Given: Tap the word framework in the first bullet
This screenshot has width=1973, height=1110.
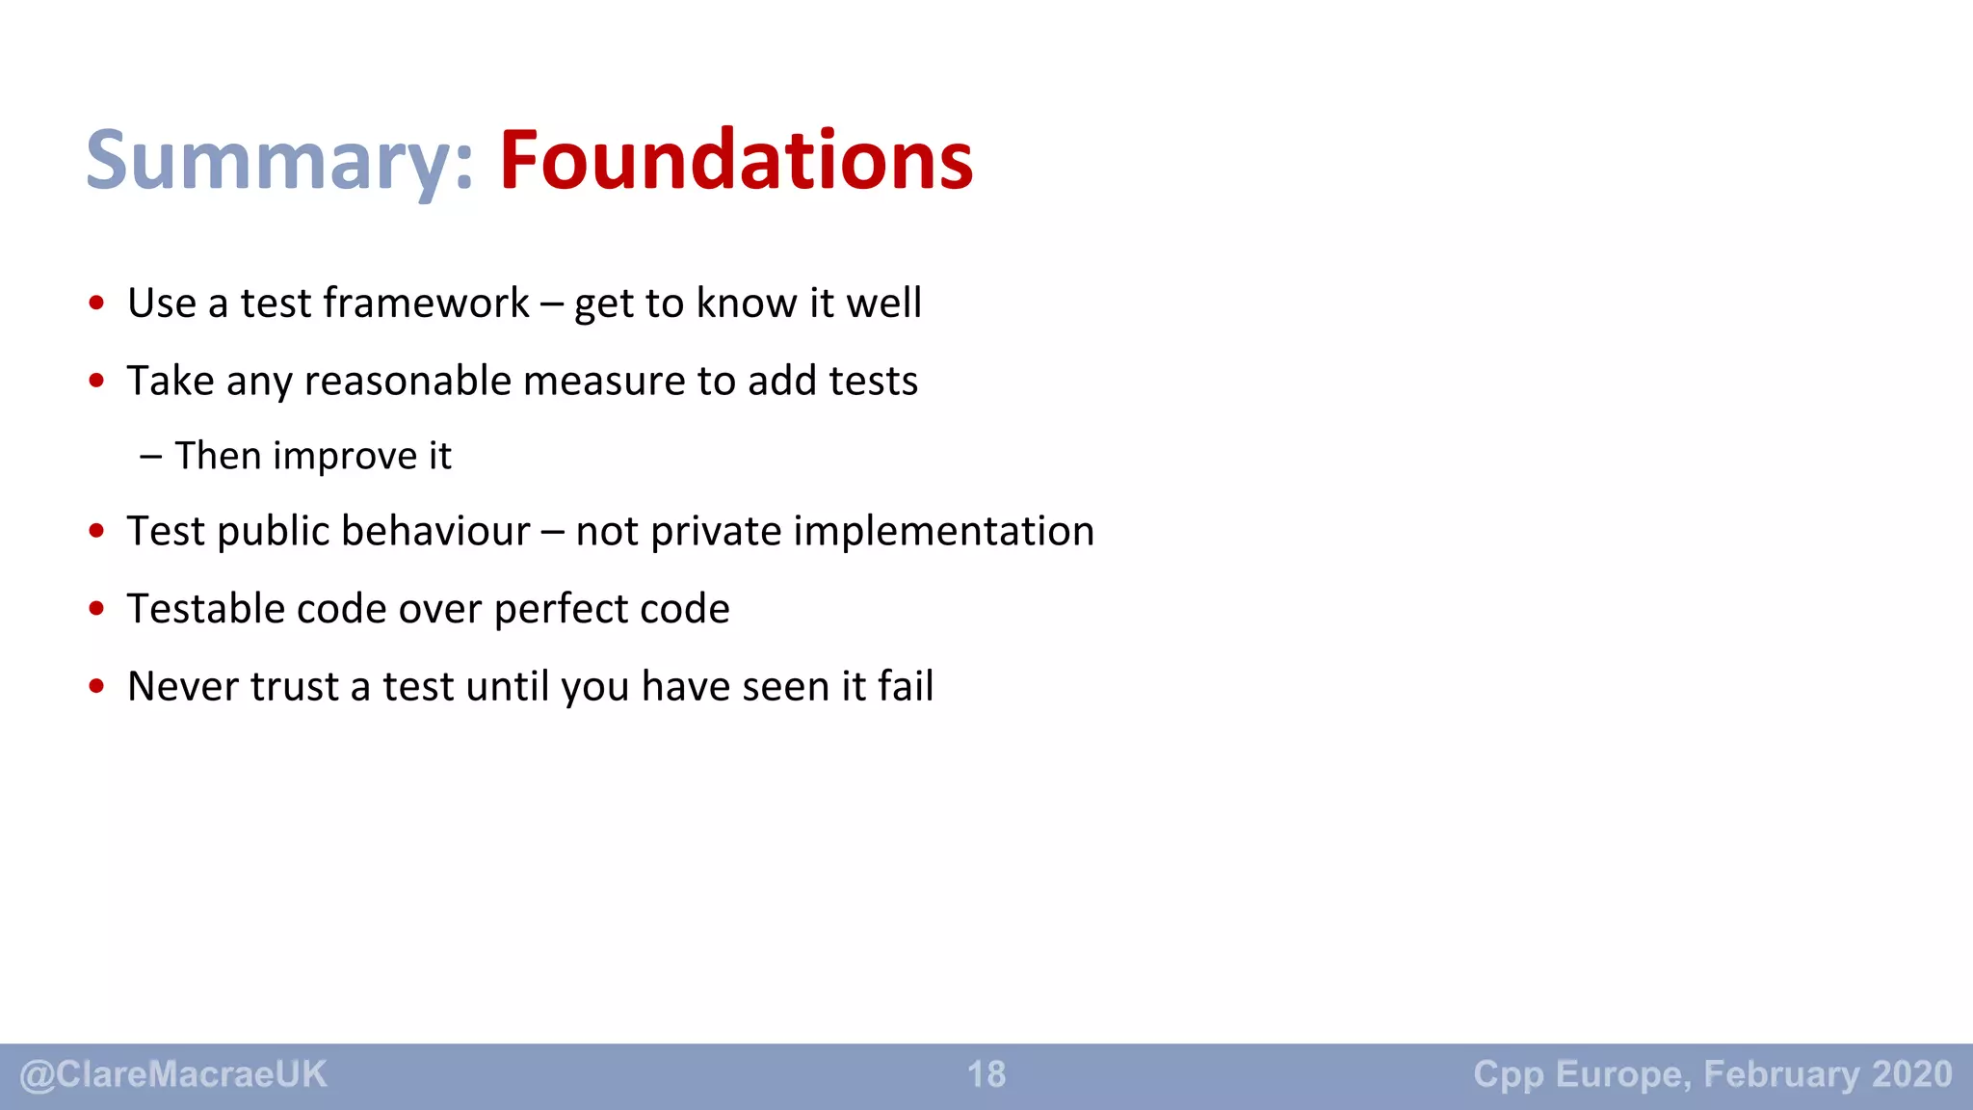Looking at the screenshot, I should (426, 304).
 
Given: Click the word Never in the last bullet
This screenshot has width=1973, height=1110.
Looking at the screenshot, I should (183, 687).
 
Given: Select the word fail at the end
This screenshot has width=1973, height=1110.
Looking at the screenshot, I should (906, 687).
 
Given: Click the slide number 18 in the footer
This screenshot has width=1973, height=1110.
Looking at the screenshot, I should (986, 1074).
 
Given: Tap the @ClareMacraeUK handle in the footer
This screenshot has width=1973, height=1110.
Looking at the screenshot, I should (173, 1074).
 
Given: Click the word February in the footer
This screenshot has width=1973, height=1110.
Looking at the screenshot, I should (1781, 1074).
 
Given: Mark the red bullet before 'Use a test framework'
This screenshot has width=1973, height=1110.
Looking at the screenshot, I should (96, 304).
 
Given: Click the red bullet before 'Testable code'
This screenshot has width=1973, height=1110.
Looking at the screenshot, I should (96, 609).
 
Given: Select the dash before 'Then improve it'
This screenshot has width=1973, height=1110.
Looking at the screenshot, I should (150, 457).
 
